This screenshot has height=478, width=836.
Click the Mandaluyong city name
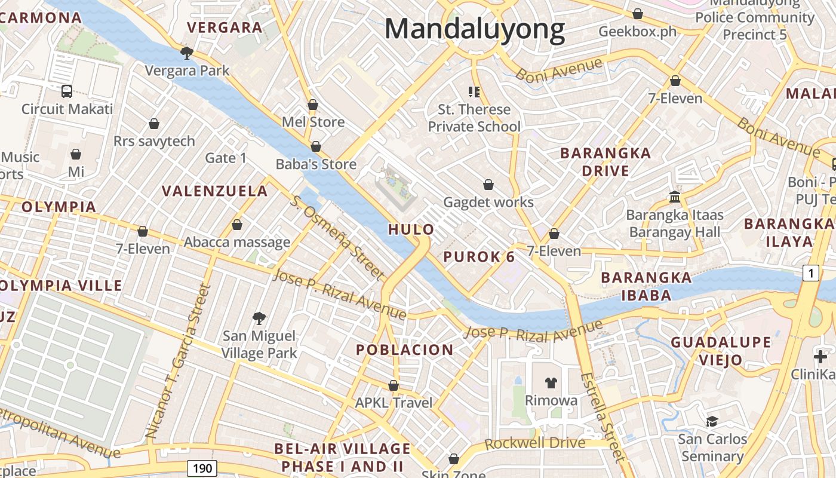tap(475, 29)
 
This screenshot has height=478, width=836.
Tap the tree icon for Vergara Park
tap(187, 53)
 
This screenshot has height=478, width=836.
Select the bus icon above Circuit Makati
tap(67, 91)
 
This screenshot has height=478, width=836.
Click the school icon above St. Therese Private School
tap(474, 91)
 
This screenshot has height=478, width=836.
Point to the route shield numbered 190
tap(202, 468)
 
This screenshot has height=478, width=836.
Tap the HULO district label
tap(411, 229)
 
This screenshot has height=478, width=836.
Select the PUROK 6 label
tap(479, 257)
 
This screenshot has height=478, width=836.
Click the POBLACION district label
tap(405, 350)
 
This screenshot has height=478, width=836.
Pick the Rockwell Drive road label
tap(535, 443)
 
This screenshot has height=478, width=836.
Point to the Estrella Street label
tap(604, 417)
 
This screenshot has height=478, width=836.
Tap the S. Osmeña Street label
tap(338, 237)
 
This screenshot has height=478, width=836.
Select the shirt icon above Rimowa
tap(551, 382)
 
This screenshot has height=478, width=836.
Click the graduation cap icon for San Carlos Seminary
tap(712, 421)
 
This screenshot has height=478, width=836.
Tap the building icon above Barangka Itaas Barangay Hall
tap(675, 197)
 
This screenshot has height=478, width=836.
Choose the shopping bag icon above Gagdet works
tap(488, 184)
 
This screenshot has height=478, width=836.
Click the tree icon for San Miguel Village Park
tap(259, 318)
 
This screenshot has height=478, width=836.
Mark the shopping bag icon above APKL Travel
tap(393, 385)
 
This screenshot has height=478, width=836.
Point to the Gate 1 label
tap(226, 158)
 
